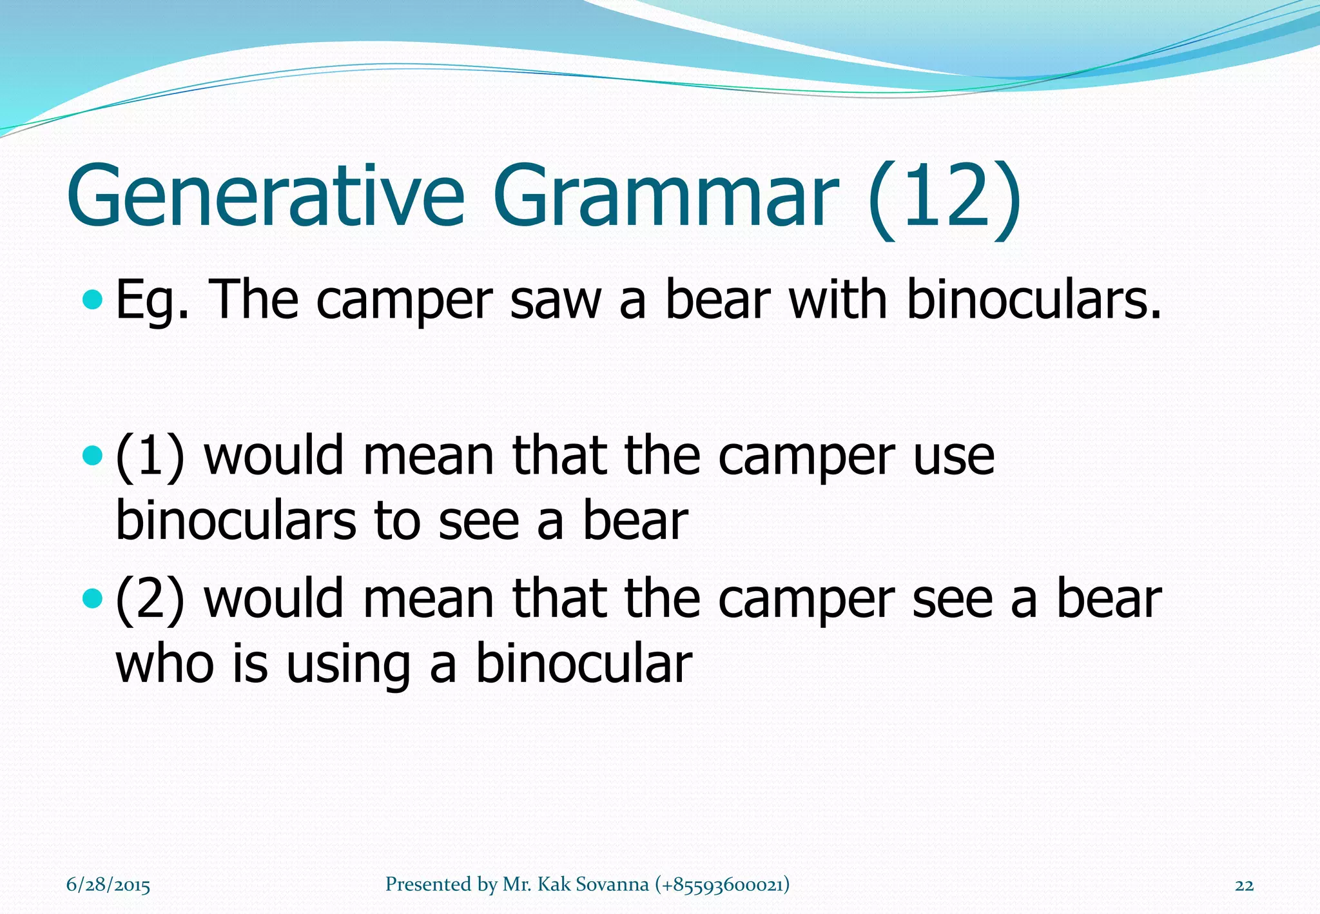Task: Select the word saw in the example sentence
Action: pyautogui.click(x=555, y=300)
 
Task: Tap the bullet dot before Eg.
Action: pyautogui.click(x=93, y=299)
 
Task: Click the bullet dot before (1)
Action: pyautogui.click(x=93, y=456)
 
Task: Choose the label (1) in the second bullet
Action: pyautogui.click(x=150, y=456)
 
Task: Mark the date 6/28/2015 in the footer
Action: pyautogui.click(x=108, y=885)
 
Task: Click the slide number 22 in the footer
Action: pyautogui.click(x=1244, y=885)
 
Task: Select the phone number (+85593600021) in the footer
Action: pyautogui.click(x=722, y=884)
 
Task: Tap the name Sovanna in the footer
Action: pyautogui.click(x=612, y=884)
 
